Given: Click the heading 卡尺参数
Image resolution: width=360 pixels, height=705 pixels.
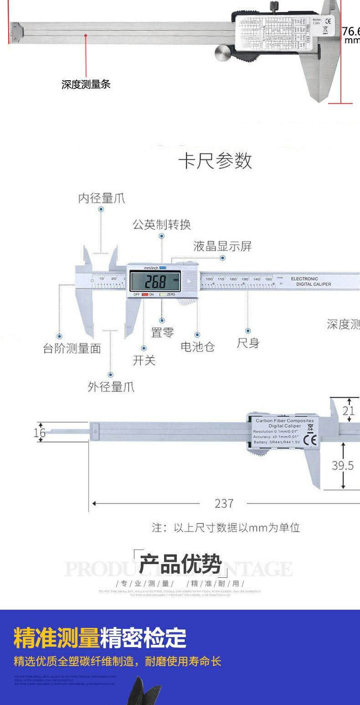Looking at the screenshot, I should pos(215,161).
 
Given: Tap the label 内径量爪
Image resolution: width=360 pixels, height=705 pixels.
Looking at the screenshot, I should pos(101,198).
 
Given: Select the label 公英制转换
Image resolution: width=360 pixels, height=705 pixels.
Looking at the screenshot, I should pos(161,224).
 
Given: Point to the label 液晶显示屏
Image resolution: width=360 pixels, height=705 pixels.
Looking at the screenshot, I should pos(222,247).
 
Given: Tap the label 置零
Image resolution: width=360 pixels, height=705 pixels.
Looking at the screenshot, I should pos(162,332).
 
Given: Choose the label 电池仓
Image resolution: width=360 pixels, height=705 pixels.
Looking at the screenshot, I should pos(197,347).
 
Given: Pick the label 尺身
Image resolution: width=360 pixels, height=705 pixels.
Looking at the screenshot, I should pos(248,343).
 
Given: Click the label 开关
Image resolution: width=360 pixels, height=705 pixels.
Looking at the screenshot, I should pos(144,360).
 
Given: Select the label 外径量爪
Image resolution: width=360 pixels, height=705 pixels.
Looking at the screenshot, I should pos(111,387).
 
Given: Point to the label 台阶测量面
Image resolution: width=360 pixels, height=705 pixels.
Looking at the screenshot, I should pos(72,349).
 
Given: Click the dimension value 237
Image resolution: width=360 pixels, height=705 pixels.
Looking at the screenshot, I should pos(224,503).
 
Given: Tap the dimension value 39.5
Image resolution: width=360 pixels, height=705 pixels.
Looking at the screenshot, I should pos(342,465).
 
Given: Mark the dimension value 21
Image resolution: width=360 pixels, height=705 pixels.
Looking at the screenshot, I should pos(349,411).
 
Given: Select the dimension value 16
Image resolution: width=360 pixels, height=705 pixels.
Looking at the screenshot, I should pos(40,432).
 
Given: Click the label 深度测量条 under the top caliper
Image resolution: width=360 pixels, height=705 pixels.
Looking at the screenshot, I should pos(86,84).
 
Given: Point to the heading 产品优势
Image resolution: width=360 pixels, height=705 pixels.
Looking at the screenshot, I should pos(180,564).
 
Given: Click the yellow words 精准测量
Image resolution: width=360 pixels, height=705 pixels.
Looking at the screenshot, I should pos(57,638).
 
